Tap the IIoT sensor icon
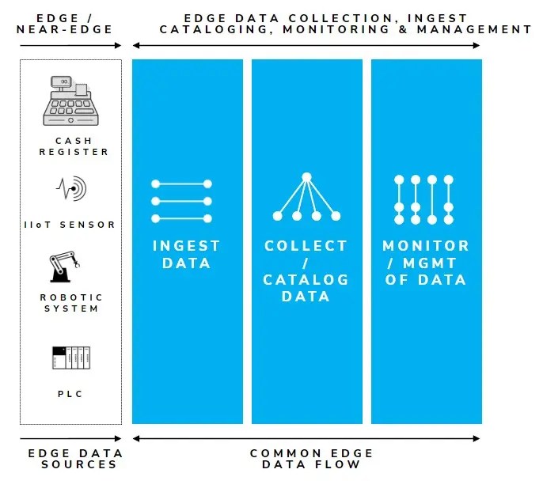coord(71,188)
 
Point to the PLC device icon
coord(71,358)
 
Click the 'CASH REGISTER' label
coord(74,146)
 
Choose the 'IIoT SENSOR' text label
coord(69,225)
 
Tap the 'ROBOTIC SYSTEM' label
coord(71,303)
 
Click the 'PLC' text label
coord(71,394)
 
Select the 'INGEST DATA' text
coord(187,255)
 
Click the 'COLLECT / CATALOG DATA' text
coord(306,271)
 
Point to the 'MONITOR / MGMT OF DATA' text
coord(426,263)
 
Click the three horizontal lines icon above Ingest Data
coord(181,201)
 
